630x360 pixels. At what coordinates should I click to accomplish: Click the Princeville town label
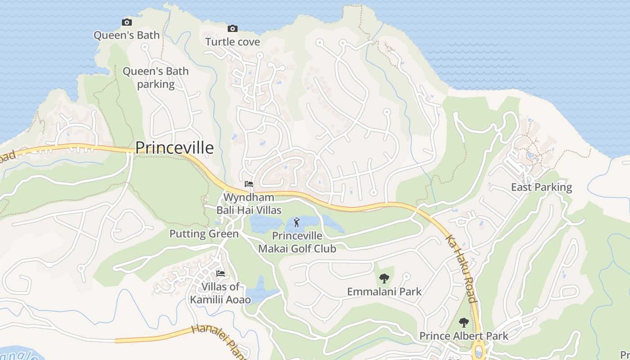click(174, 148)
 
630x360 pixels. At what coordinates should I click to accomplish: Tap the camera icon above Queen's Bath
click(127, 22)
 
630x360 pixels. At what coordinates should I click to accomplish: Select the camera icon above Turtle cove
click(232, 29)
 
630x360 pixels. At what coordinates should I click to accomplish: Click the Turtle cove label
click(233, 42)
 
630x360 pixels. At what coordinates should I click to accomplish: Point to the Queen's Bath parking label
click(156, 77)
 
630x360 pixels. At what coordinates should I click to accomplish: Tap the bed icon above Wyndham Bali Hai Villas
click(249, 184)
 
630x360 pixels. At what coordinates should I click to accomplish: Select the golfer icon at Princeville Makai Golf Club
click(297, 222)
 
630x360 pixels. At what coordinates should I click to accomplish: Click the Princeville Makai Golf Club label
click(297, 242)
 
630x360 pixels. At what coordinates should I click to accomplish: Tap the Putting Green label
click(204, 234)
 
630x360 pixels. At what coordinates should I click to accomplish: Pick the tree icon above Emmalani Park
click(384, 279)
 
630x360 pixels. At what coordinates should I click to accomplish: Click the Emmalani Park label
click(384, 292)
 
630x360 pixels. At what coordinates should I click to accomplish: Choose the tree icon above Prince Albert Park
click(464, 323)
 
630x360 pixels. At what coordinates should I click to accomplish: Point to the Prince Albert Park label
click(463, 336)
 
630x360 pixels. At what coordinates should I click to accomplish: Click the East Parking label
click(541, 187)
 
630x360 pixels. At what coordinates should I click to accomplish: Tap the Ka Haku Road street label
click(460, 268)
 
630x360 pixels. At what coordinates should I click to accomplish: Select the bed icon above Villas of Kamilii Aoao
click(220, 273)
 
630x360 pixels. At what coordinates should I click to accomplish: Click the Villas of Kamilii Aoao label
click(220, 293)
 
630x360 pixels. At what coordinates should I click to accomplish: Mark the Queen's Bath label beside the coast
click(126, 35)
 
